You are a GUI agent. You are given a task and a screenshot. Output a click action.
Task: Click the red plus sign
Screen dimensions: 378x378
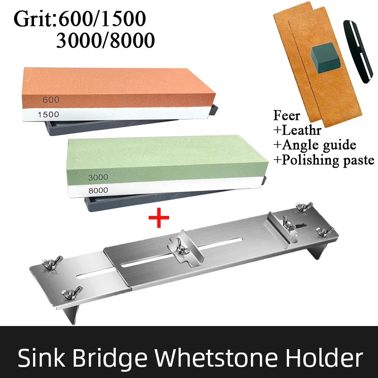pyautogui.click(x=159, y=218)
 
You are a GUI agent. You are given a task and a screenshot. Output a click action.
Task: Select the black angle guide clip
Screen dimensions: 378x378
pyautogui.click(x=358, y=52)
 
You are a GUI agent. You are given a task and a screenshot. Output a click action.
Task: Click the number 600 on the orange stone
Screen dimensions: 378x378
pyautogui.click(x=51, y=100)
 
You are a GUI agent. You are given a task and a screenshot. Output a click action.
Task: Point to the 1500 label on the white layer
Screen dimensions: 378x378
pyautogui.click(x=48, y=114)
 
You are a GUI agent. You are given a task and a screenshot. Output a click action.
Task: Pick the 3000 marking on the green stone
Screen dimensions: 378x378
pyautogui.click(x=98, y=178)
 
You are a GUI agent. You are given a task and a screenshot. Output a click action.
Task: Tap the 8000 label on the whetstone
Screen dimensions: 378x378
pyautogui.click(x=98, y=190)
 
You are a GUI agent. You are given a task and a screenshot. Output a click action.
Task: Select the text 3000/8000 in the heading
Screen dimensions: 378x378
pyautogui.click(x=105, y=40)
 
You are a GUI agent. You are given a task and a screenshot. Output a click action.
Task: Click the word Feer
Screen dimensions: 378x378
pyautogui.click(x=287, y=115)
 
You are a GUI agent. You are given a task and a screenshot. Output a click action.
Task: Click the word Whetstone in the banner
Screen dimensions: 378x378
pyautogui.click(x=216, y=358)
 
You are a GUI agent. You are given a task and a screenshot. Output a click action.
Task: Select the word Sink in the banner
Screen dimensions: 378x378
pyautogui.click(x=42, y=358)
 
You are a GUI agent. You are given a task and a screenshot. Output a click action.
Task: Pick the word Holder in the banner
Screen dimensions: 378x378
pyautogui.click(x=324, y=358)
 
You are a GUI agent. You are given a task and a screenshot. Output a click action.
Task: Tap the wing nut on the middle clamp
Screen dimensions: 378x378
pyautogui.click(x=181, y=248)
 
